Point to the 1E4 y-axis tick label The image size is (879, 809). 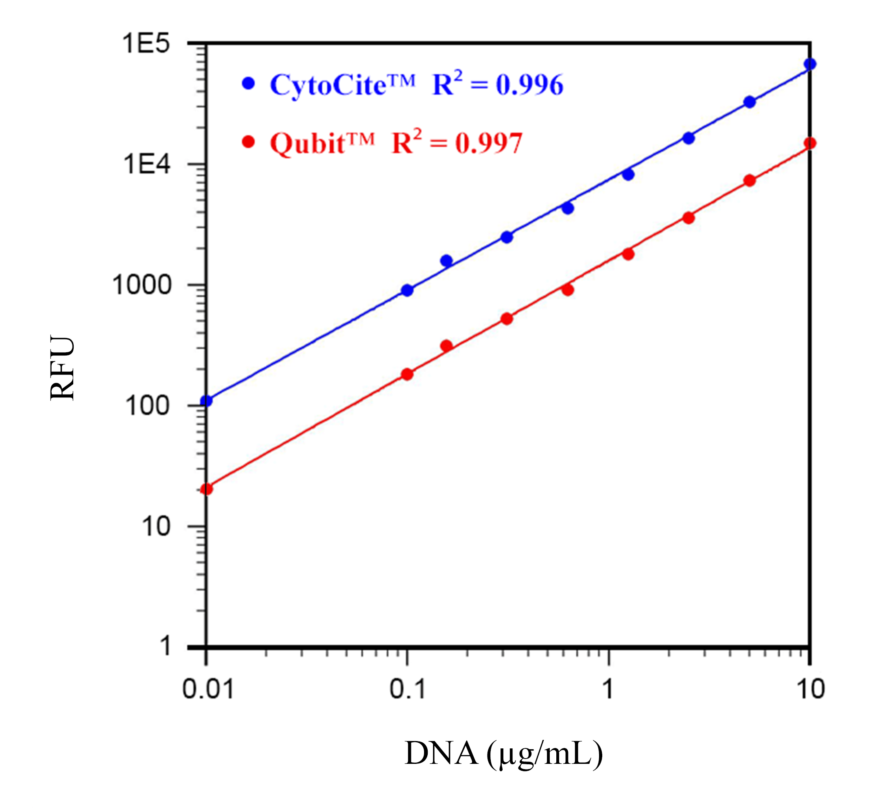tap(147, 165)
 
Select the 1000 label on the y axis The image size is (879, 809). tap(142, 286)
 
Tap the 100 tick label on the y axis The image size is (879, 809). tap(147, 406)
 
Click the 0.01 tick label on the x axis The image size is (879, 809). tap(208, 689)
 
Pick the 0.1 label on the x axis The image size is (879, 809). tap(407, 689)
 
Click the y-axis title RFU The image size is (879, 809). tap(62, 368)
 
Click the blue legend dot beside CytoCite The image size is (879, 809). tap(248, 83)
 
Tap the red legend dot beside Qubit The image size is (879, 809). tap(248, 142)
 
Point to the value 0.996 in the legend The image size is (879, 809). tap(529, 85)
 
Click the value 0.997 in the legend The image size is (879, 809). tap(489, 144)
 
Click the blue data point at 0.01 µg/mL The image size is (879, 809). tap(206, 401)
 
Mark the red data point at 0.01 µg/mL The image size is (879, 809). tap(206, 489)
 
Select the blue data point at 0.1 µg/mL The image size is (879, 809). tap(407, 290)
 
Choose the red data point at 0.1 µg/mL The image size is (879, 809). tap(407, 374)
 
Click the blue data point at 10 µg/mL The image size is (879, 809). tap(810, 64)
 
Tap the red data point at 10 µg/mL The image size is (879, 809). tap(810, 143)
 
